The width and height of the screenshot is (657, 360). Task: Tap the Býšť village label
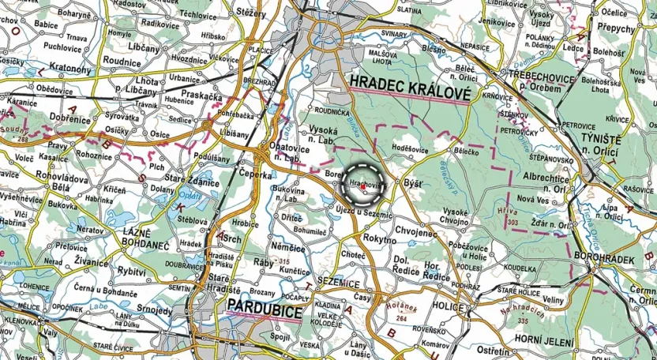(x=413, y=183)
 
